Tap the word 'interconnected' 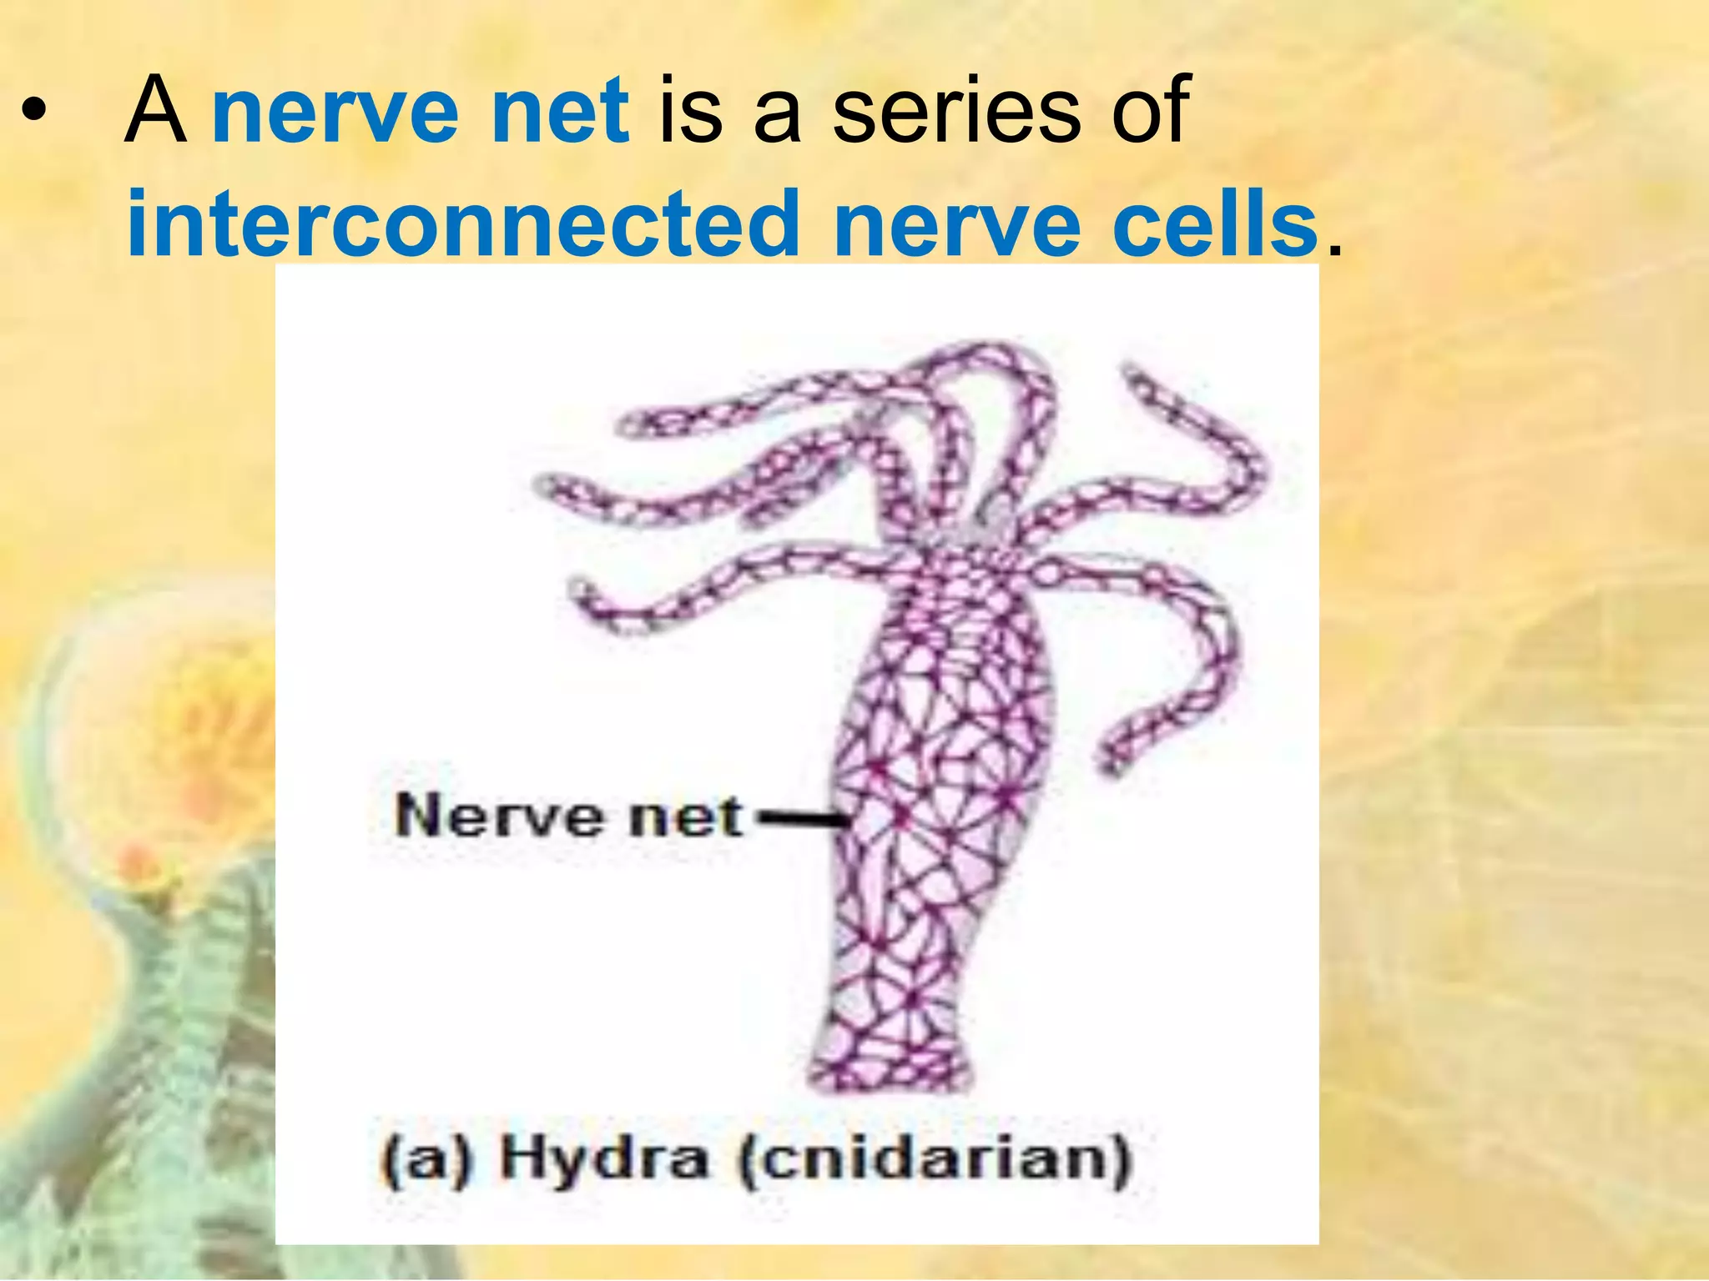click(x=463, y=224)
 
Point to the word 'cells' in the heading click(x=1214, y=224)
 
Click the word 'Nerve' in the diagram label click(x=497, y=816)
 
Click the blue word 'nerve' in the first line click(x=334, y=112)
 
